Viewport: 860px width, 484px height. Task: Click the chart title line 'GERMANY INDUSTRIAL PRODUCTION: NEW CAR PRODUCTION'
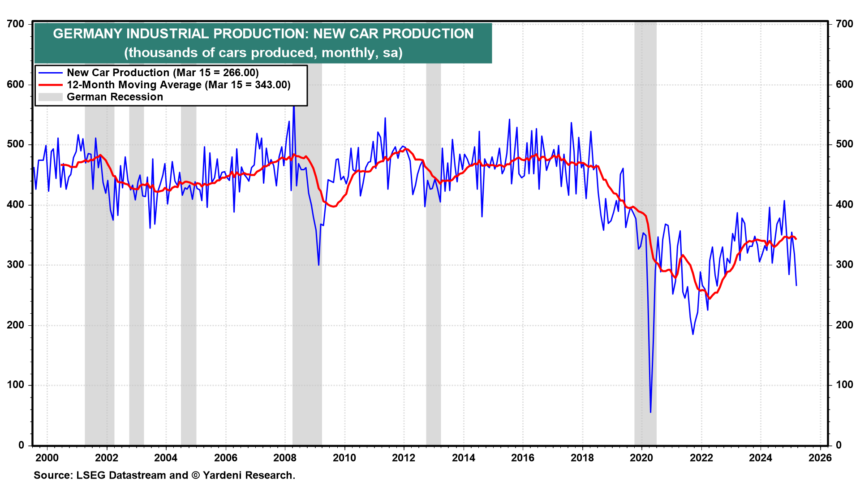263,34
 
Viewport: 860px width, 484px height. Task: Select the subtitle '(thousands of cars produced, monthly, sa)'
263,52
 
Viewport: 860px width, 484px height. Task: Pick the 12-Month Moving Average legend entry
178,85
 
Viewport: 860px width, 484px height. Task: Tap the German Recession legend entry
115,97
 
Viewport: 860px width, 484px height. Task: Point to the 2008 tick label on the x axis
285,458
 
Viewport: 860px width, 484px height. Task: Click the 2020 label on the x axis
641,458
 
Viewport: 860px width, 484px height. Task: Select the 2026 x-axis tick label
820,458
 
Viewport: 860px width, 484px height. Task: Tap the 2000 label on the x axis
47,458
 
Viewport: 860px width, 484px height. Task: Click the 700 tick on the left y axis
16,24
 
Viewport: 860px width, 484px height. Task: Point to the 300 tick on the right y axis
844,264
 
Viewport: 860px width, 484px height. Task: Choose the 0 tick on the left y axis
21,445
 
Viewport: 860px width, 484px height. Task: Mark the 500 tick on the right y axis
844,144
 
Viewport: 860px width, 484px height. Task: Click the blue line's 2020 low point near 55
650,412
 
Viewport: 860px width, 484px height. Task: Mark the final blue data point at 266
796,285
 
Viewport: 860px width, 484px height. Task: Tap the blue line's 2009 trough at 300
318,265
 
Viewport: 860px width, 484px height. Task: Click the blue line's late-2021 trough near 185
693,334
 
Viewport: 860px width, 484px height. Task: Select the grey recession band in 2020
645,269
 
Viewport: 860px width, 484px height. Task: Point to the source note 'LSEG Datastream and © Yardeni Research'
164,475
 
